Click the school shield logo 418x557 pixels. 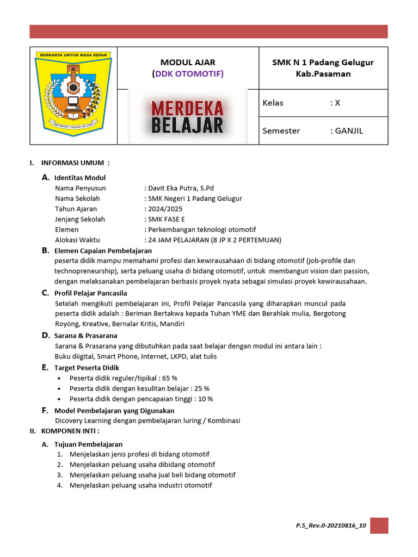point(73,95)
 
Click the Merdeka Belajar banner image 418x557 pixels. point(188,116)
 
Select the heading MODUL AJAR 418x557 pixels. point(188,62)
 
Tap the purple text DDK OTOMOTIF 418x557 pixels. point(188,73)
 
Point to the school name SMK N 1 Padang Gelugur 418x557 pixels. point(323,62)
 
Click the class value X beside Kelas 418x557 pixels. point(337,103)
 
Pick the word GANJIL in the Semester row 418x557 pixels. point(348,131)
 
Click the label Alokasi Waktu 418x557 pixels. point(77,239)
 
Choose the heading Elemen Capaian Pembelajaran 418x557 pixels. point(103,251)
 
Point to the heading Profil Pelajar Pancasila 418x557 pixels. point(90,293)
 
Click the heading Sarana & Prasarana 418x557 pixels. point(85,335)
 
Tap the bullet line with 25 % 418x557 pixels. point(139,388)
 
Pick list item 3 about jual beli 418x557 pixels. point(152,475)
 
